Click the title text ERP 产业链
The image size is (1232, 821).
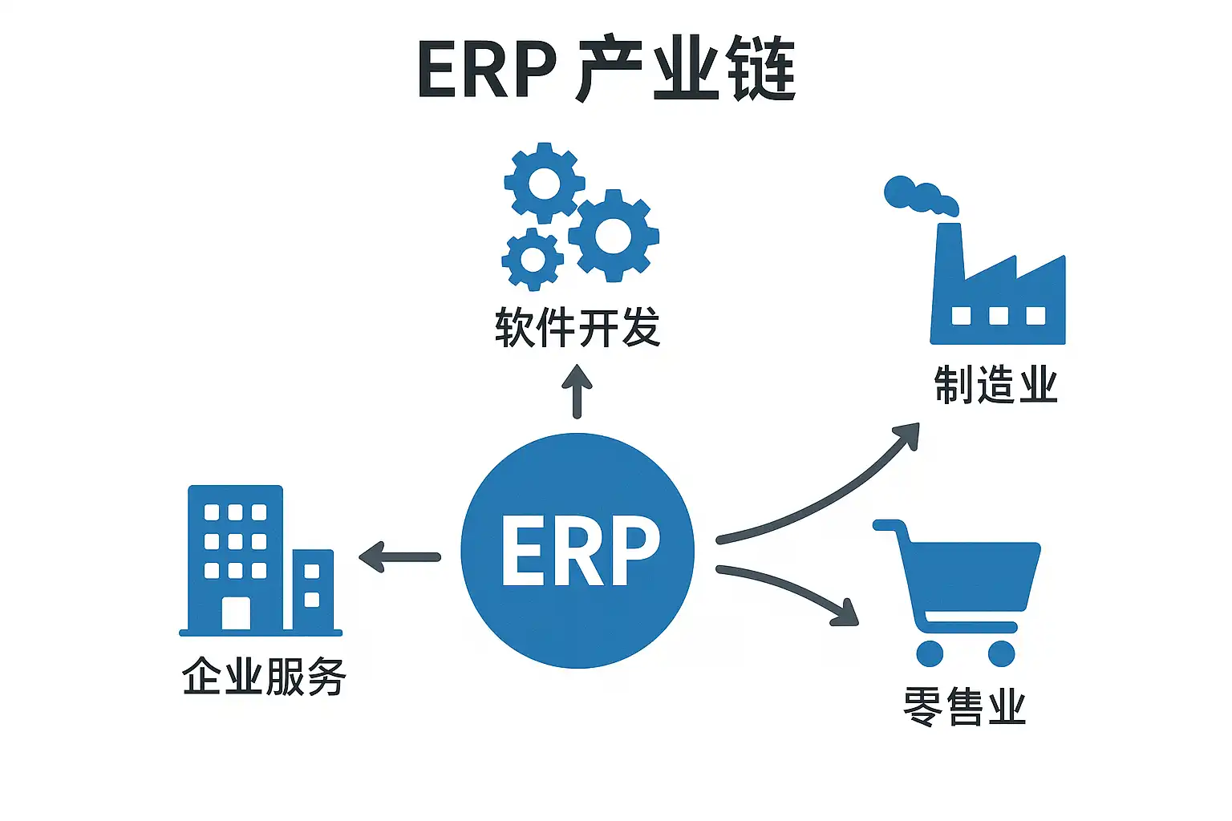[606, 69]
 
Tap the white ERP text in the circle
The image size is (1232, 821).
[580, 551]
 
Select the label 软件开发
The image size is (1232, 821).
[577, 327]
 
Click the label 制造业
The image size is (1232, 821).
[996, 385]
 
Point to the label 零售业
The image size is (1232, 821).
[965, 706]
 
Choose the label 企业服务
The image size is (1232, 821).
[264, 676]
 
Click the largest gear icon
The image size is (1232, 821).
[614, 236]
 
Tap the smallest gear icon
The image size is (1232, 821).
[532, 259]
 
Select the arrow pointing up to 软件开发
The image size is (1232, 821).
[577, 391]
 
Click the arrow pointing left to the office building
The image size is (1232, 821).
[399, 556]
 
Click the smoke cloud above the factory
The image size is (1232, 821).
[919, 196]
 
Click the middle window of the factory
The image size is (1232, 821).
[998, 315]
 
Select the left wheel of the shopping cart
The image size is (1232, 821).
[930, 653]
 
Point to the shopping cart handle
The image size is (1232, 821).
[889, 526]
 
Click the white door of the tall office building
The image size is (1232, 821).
[236, 613]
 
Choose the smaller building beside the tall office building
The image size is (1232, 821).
[312, 589]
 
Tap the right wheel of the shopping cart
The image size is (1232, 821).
[1001, 653]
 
